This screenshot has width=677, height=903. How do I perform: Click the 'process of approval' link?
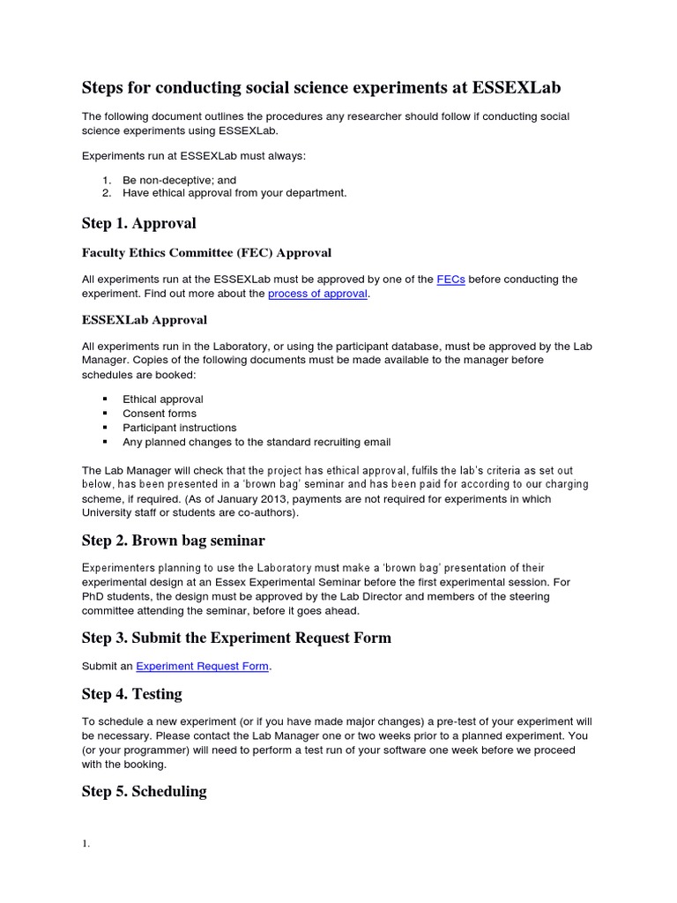317,294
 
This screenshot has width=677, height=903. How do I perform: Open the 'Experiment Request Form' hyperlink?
202,666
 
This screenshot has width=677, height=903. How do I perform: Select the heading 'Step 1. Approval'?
138,223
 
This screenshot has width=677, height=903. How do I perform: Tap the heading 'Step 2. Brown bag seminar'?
173,540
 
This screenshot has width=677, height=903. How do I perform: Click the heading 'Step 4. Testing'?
131,694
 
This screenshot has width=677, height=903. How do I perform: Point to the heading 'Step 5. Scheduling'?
144,791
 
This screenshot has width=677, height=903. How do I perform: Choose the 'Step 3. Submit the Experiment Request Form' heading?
236,638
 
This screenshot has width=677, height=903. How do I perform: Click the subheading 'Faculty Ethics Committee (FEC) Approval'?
206,253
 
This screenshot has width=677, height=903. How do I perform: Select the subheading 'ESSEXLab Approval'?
144,319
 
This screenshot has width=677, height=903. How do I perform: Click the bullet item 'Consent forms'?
160,414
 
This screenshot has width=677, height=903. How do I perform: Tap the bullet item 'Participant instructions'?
180,428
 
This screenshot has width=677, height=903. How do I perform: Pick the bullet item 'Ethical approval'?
163,399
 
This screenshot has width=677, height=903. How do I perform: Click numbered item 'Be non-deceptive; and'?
180,180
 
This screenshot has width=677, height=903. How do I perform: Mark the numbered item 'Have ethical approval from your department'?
234,193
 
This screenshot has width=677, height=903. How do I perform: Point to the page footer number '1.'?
86,844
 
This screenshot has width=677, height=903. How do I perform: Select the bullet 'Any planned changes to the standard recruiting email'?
257,442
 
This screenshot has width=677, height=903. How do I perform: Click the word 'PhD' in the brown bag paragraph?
93,597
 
